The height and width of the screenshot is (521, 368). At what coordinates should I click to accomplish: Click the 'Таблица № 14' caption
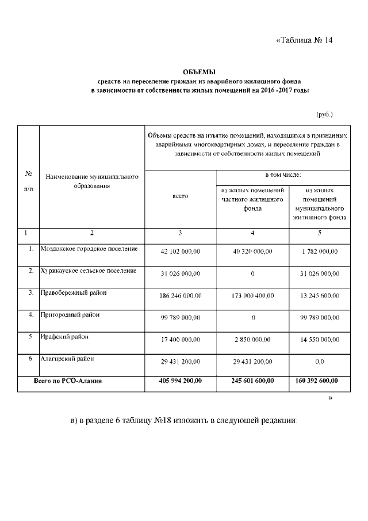304,40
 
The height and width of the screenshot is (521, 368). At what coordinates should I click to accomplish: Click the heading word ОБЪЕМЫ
198,72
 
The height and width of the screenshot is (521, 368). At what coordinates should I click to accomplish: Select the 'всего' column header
181,196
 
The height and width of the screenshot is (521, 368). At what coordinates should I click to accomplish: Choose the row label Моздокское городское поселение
89,249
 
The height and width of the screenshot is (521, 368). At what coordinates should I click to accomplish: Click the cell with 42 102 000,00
181,252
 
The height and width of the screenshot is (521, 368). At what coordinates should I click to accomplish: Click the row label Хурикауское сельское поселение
89,271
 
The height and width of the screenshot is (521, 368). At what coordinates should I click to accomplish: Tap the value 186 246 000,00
181,295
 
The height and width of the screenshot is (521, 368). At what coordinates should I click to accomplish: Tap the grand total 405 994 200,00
181,381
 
